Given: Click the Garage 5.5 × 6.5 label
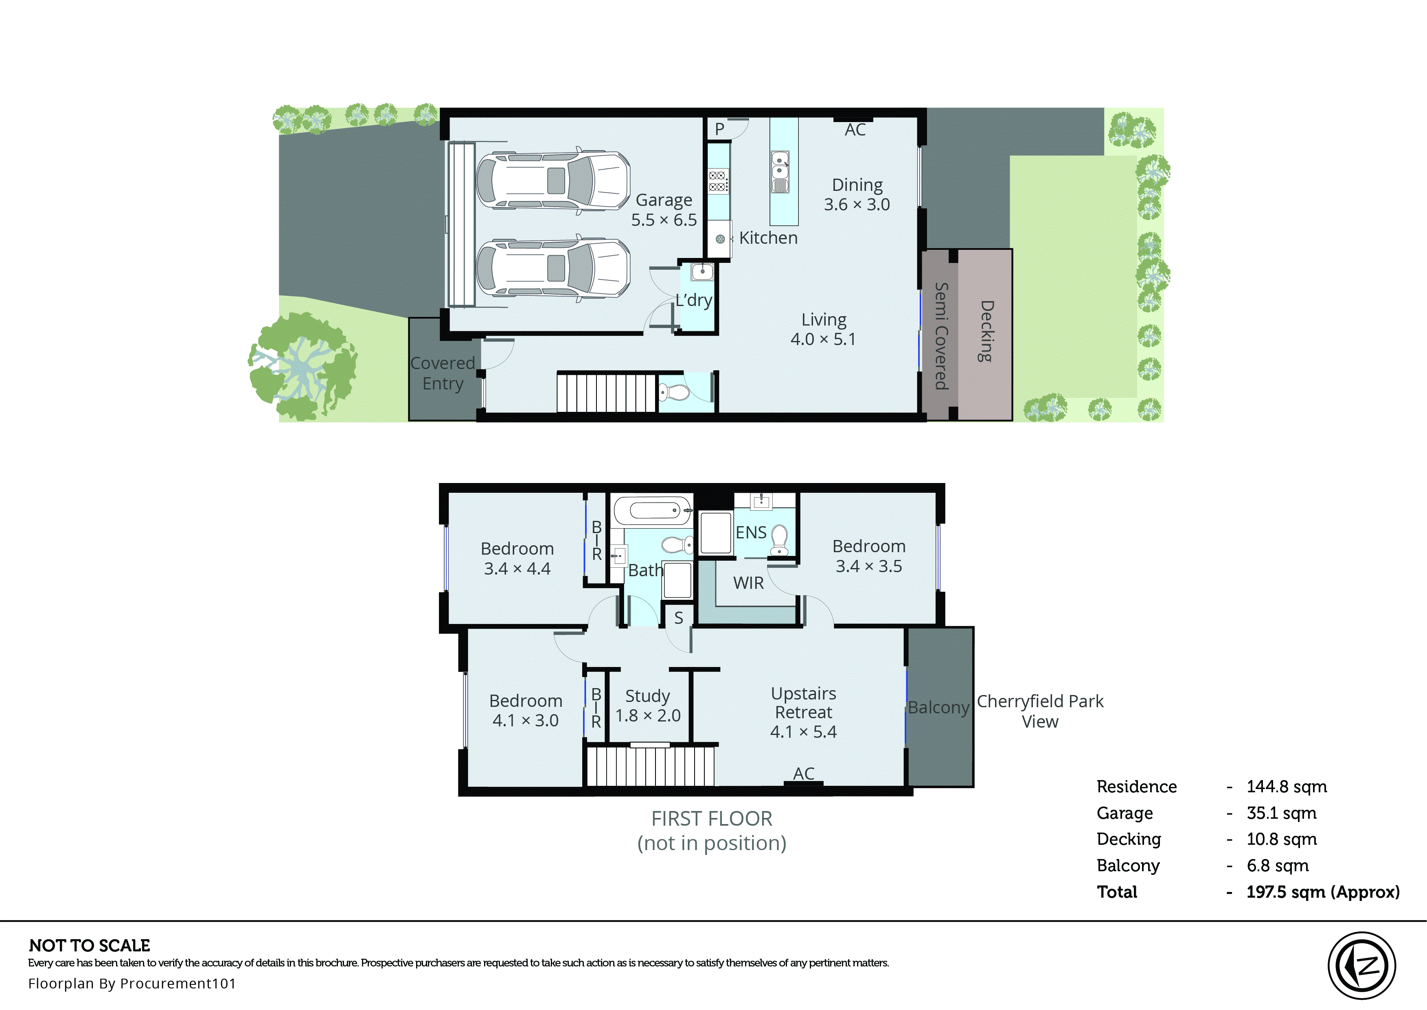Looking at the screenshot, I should click(664, 210).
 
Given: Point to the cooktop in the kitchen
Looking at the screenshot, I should click(717, 181).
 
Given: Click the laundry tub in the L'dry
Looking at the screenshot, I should click(702, 272).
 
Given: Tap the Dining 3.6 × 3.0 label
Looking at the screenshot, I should click(857, 195).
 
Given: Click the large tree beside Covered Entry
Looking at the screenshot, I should click(303, 367).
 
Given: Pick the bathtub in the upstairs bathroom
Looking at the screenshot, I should click(653, 511).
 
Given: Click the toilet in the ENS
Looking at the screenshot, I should click(779, 539).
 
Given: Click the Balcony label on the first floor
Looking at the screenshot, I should click(938, 708).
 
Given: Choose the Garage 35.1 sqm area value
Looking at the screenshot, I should click(1281, 813).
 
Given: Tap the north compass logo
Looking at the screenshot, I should click(1362, 966).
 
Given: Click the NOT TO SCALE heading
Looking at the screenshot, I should click(90, 946).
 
